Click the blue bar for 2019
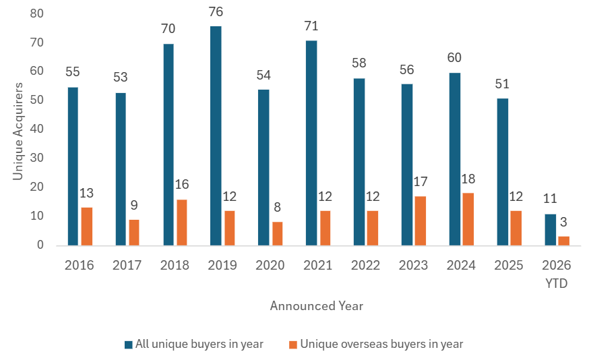[x=216, y=136]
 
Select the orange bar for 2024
[x=468, y=219]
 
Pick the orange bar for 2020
[x=278, y=233]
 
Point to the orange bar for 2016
[x=86, y=226]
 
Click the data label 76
[x=216, y=12]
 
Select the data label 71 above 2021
[x=311, y=26]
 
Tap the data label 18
[x=468, y=180]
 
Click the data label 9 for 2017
[x=134, y=206]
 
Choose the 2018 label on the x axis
[x=175, y=265]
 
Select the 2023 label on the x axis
[x=413, y=265]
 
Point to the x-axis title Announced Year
[x=317, y=306]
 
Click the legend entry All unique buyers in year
[x=199, y=344]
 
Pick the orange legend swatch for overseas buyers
[x=293, y=344]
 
